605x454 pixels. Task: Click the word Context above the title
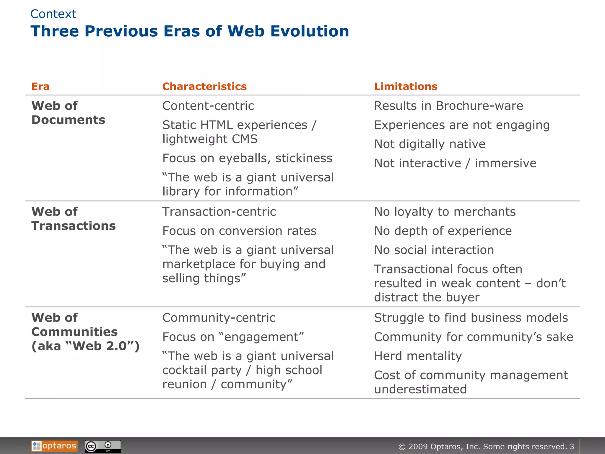[53, 14]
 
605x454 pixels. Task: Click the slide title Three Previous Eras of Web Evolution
[190, 31]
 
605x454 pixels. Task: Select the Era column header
[40, 86]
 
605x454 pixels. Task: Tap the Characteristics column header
[204, 86]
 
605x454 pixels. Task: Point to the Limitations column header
[406, 86]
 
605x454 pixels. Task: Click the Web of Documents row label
[68, 113]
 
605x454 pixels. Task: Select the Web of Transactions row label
[74, 219]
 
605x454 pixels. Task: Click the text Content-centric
[208, 106]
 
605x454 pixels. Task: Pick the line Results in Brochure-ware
[448, 106]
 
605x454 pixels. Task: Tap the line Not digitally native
[430, 144]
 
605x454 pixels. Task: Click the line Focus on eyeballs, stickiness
[247, 158]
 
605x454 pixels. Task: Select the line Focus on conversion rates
[239, 231]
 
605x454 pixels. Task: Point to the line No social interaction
[434, 250]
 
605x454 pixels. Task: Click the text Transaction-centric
[219, 212]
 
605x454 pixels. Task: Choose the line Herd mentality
[418, 356]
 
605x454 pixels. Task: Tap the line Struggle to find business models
[471, 318]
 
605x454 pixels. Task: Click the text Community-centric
[219, 318]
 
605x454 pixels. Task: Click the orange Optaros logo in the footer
[54, 446]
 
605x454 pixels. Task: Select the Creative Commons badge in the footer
[103, 446]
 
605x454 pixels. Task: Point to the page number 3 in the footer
[572, 446]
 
